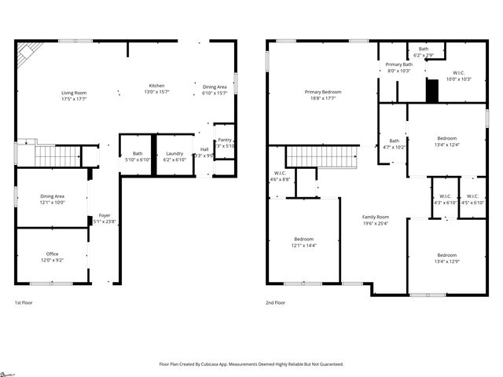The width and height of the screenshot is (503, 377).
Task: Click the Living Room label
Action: coord(74,93)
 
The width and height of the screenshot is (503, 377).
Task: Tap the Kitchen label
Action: coord(157,86)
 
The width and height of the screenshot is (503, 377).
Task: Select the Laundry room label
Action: coord(174,153)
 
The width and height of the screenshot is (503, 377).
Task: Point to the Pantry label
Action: coord(225,139)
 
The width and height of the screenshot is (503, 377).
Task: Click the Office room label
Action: coord(53,254)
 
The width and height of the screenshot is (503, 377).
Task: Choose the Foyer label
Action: coord(105,216)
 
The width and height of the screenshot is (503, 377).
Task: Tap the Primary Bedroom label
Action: coord(322,92)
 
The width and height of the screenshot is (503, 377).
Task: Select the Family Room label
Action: coord(375,217)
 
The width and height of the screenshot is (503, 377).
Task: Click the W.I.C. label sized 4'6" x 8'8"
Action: coord(280,174)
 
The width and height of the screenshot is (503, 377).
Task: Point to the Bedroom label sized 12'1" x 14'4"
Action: coord(303,239)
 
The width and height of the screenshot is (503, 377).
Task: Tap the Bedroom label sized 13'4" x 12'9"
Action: coord(446,255)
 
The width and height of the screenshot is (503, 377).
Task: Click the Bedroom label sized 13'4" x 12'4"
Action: coord(446,138)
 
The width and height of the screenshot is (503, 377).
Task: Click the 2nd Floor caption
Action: coord(275,302)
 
